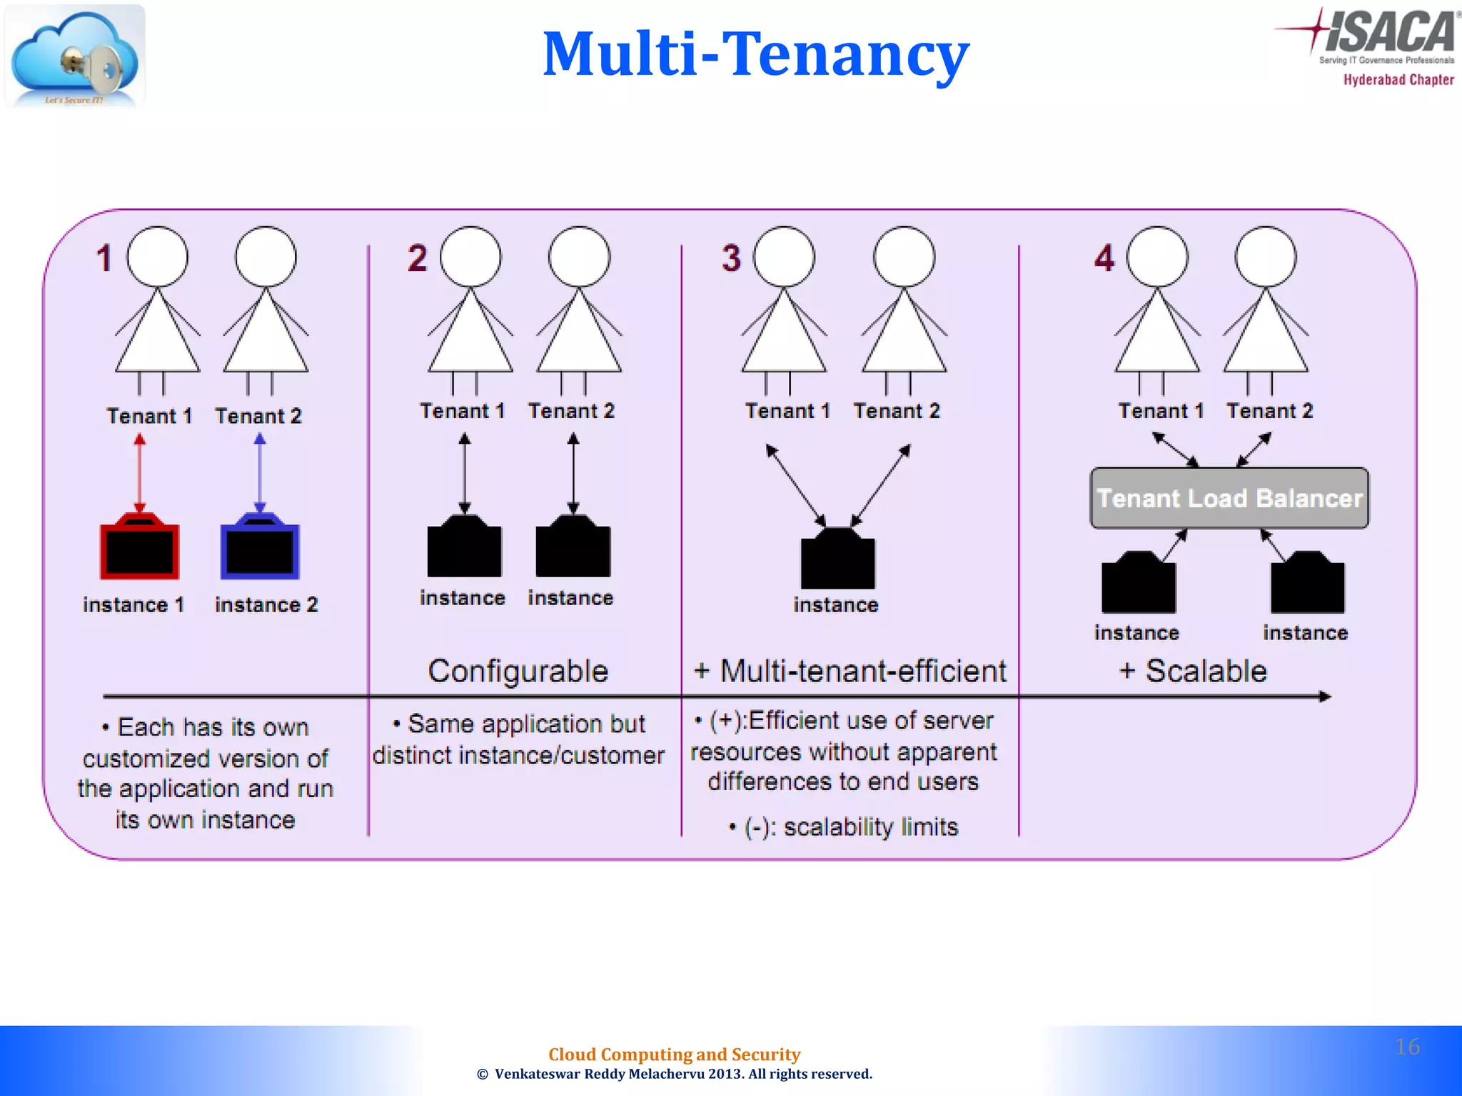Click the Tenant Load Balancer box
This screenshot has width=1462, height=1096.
(x=1229, y=498)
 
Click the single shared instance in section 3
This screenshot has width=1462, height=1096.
(x=837, y=560)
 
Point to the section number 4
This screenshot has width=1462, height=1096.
(x=1104, y=258)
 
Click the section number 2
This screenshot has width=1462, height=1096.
(x=417, y=258)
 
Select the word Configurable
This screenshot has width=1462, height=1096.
(x=518, y=671)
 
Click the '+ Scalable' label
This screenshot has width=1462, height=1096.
(x=1193, y=671)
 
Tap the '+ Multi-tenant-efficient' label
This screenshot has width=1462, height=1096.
(x=850, y=671)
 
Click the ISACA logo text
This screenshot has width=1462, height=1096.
(x=1388, y=32)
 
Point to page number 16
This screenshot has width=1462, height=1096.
(x=1407, y=1047)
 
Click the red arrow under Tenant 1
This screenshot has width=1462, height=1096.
(x=140, y=475)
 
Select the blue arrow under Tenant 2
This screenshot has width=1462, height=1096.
(x=260, y=475)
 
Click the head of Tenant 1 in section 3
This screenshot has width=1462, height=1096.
(x=784, y=257)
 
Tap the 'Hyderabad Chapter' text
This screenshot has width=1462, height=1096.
(x=1398, y=80)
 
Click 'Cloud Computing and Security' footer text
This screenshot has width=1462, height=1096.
(x=674, y=1054)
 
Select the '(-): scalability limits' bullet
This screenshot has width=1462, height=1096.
(x=844, y=827)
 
